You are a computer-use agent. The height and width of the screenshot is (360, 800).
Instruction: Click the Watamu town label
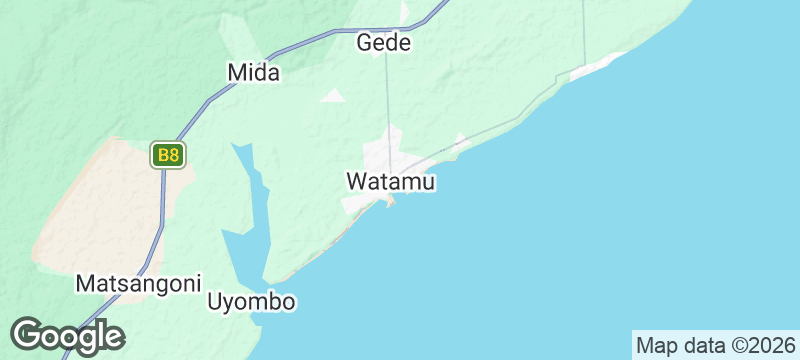point(391,182)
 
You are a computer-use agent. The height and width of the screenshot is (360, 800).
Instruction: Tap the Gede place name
point(385,44)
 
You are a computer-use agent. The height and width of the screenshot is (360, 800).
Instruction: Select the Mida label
point(254,72)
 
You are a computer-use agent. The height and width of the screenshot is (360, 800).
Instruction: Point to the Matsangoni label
point(139,283)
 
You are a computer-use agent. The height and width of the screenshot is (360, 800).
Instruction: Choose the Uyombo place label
point(252,302)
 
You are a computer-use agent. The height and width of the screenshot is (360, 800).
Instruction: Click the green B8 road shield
point(168,155)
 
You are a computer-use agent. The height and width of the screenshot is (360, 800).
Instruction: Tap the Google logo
point(68,336)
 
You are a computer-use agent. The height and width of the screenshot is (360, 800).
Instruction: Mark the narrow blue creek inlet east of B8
point(254,190)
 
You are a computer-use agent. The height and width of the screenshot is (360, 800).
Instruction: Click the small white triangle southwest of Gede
point(333,96)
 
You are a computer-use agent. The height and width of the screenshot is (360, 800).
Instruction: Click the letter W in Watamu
point(356,182)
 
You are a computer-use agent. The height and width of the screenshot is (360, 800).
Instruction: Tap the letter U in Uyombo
point(215,302)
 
